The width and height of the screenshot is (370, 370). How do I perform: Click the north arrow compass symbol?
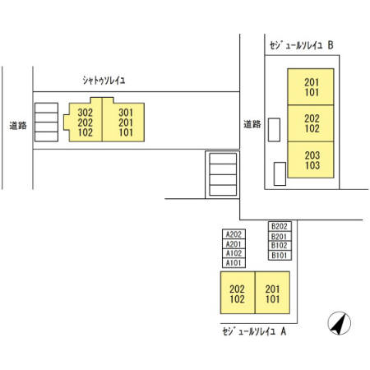(340, 323)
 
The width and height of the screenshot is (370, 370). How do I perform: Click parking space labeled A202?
(234, 234)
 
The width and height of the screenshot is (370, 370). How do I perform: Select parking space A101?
(234, 263)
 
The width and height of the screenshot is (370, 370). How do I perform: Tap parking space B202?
(280, 226)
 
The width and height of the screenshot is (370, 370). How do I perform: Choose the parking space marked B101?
(280, 256)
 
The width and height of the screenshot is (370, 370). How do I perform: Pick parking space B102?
(280, 246)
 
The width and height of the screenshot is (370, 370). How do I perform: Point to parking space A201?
(234, 244)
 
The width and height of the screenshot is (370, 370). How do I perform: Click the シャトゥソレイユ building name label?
(104, 81)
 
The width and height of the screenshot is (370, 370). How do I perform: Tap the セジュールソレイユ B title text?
(301, 45)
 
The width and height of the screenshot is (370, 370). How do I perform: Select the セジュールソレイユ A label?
(254, 331)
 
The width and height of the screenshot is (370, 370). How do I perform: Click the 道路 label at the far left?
(18, 126)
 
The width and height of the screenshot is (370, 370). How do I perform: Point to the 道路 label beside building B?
(252, 124)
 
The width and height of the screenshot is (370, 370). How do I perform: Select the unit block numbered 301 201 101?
(123, 121)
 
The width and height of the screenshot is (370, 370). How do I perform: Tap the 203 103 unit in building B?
(311, 160)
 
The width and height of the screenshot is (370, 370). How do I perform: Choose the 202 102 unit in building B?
(311, 123)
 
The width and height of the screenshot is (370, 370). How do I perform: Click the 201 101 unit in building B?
(311, 87)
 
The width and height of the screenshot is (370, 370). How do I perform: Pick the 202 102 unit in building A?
(238, 293)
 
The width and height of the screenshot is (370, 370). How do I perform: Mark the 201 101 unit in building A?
(272, 293)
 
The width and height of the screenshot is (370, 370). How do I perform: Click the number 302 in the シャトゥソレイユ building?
(86, 113)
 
